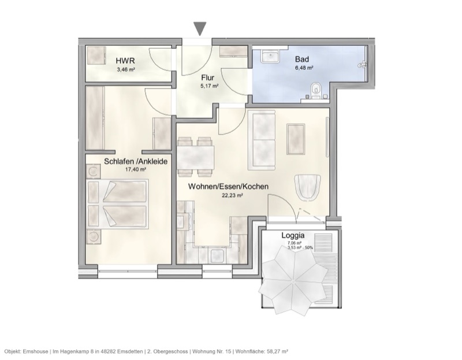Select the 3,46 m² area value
coord(125,69)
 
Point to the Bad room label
coord(302,59)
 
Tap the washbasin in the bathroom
coord(270,56)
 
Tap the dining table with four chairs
coord(195,156)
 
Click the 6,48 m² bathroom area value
coord(304,68)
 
